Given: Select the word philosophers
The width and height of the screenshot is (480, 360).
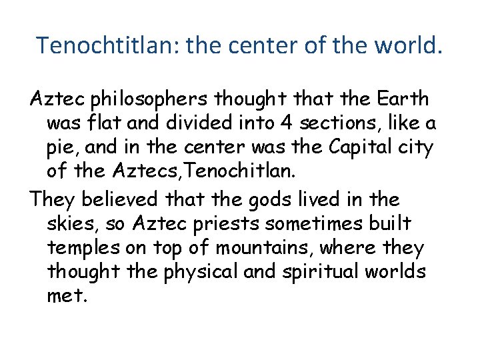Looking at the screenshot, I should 155,101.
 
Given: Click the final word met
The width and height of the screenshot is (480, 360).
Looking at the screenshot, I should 67,297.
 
